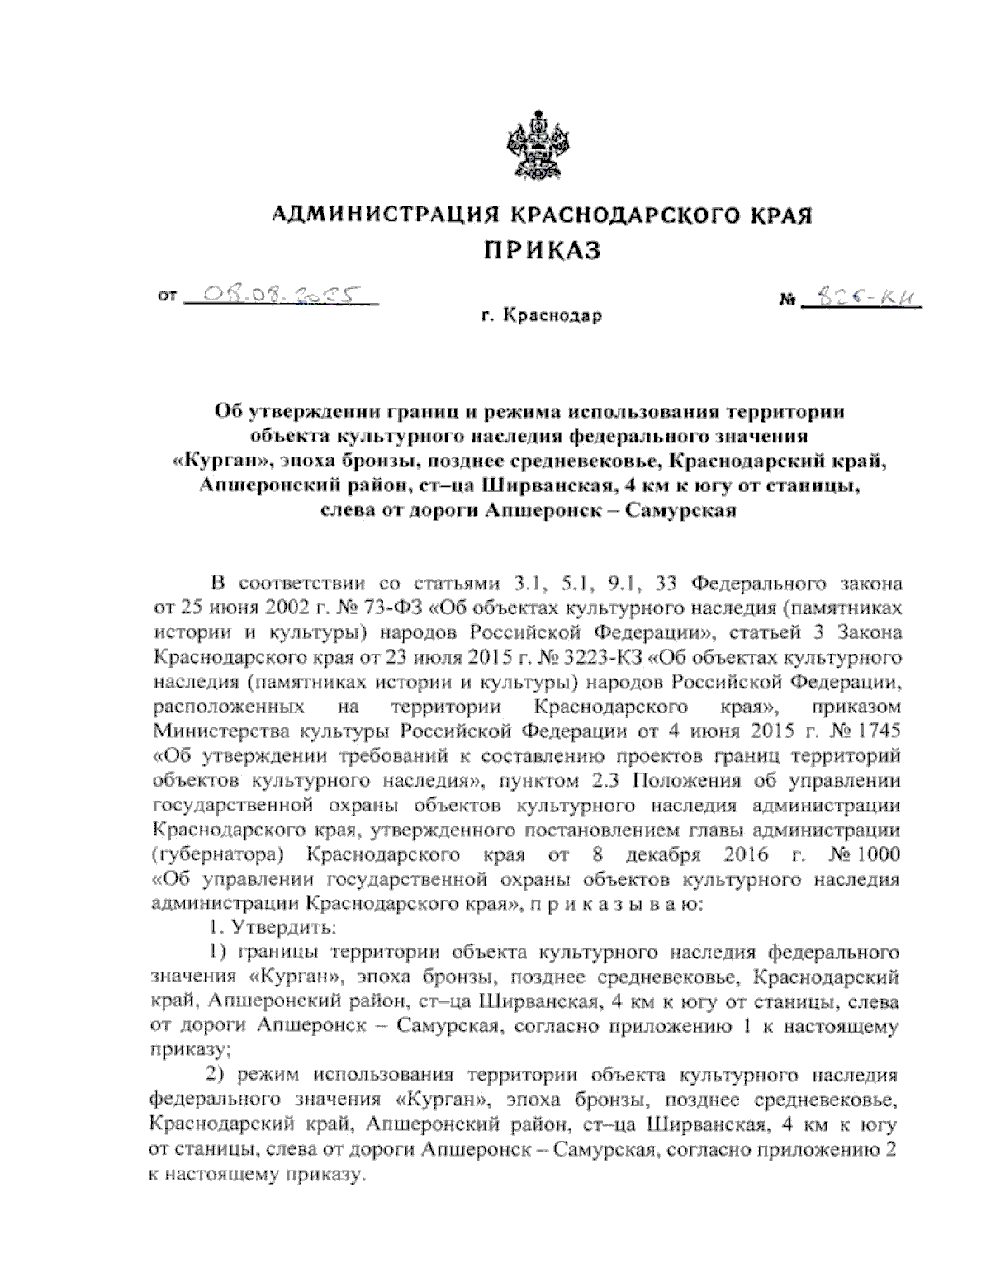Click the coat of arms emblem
coord(540,149)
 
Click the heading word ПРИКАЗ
coord(541,249)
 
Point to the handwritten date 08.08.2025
coord(278,295)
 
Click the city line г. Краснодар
coord(543,315)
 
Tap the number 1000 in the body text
coord(878,851)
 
